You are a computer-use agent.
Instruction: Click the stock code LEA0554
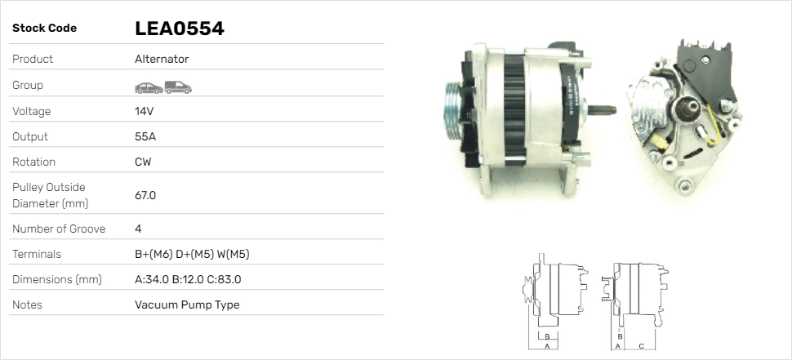(180, 29)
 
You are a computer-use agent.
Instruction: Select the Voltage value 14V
(144, 111)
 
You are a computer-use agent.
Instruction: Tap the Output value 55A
(145, 136)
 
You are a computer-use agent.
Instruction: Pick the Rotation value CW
(143, 162)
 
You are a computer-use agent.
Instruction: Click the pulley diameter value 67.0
(145, 195)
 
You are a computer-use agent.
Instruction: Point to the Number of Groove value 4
(138, 229)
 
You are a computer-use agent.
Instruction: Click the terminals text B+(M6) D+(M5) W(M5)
(192, 254)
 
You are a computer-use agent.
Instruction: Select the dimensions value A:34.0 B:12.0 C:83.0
(188, 279)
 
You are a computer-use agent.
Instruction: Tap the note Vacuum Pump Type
(187, 305)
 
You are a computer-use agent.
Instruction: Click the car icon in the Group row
(149, 88)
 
